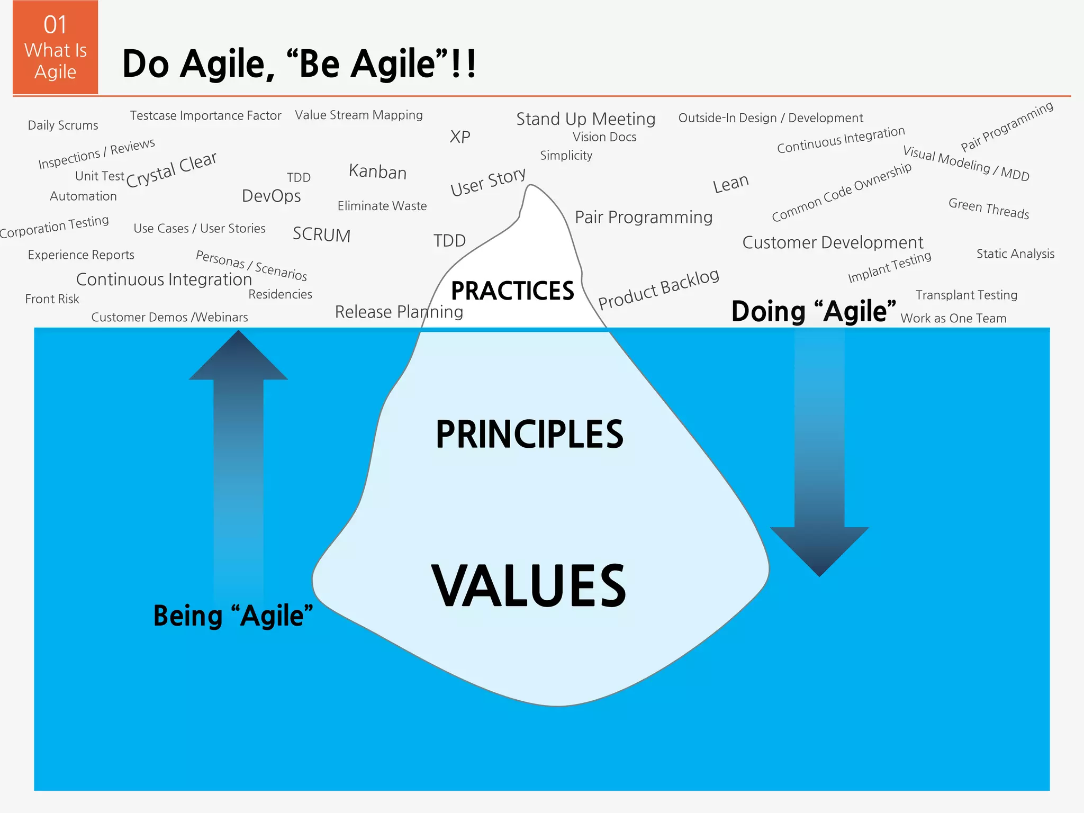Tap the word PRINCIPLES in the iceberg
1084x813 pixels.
click(x=529, y=434)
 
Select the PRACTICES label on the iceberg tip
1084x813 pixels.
click(x=512, y=291)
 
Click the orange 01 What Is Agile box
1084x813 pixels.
click(x=56, y=48)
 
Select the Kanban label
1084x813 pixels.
click(x=377, y=171)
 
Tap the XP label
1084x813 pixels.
click(x=460, y=137)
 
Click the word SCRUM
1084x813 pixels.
click(x=322, y=234)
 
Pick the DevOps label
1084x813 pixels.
click(x=271, y=196)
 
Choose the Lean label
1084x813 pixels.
click(x=730, y=184)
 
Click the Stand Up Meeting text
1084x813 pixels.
click(x=585, y=119)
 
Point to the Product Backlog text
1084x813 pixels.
click(x=658, y=288)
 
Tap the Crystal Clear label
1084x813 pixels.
click(x=171, y=169)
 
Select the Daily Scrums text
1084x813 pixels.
click(x=63, y=125)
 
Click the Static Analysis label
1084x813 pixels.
click(x=1015, y=254)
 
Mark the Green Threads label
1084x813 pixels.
click(x=988, y=208)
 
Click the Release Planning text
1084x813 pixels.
click(x=399, y=312)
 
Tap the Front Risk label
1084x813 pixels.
click(x=52, y=299)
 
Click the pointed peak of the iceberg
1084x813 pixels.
click(x=531, y=187)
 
